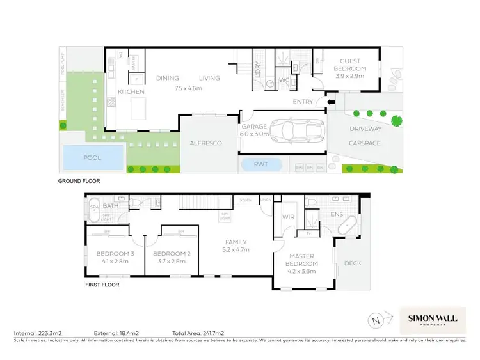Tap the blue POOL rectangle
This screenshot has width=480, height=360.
pos(93,157)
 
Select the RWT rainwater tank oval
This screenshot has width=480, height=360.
pos(260,164)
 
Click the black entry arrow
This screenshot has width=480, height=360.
pos(330,101)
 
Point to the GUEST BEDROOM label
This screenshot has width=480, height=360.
pos(350,72)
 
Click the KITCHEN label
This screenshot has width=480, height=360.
pos(131,92)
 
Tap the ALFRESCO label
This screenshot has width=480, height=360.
pos(206,143)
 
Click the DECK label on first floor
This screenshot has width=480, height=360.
pos(353,262)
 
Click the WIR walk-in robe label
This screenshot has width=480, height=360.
pos(287,218)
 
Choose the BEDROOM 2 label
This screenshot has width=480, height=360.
pos(168,256)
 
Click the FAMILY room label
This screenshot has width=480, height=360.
pos(236,246)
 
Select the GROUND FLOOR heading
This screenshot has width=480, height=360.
pos(79,181)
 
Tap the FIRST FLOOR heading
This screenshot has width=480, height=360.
pos(102,285)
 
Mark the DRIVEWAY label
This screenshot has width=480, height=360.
pos(365,129)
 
